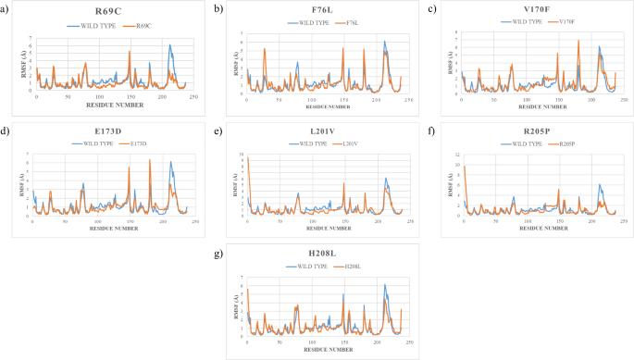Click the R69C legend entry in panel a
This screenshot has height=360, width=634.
coord(143,26)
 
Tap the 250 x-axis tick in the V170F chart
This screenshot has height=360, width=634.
coord(624,98)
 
